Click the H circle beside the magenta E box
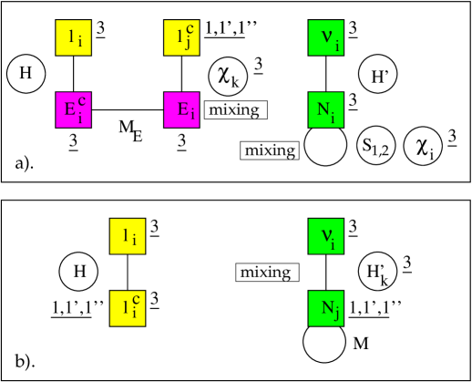(x=26, y=74)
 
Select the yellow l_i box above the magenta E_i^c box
(x=73, y=37)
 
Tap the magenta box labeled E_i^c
(x=73, y=110)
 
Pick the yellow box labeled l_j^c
(x=181, y=37)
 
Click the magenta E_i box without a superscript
(x=181, y=110)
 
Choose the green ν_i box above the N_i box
(x=326, y=37)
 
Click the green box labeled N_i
(x=326, y=110)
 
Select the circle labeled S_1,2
(x=376, y=146)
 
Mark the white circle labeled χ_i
(x=423, y=146)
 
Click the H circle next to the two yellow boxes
(x=79, y=271)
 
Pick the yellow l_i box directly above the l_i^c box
(x=127, y=234)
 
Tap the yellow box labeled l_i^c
(x=127, y=307)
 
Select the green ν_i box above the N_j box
(x=326, y=234)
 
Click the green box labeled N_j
(x=326, y=307)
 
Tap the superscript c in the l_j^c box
(x=189, y=31)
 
